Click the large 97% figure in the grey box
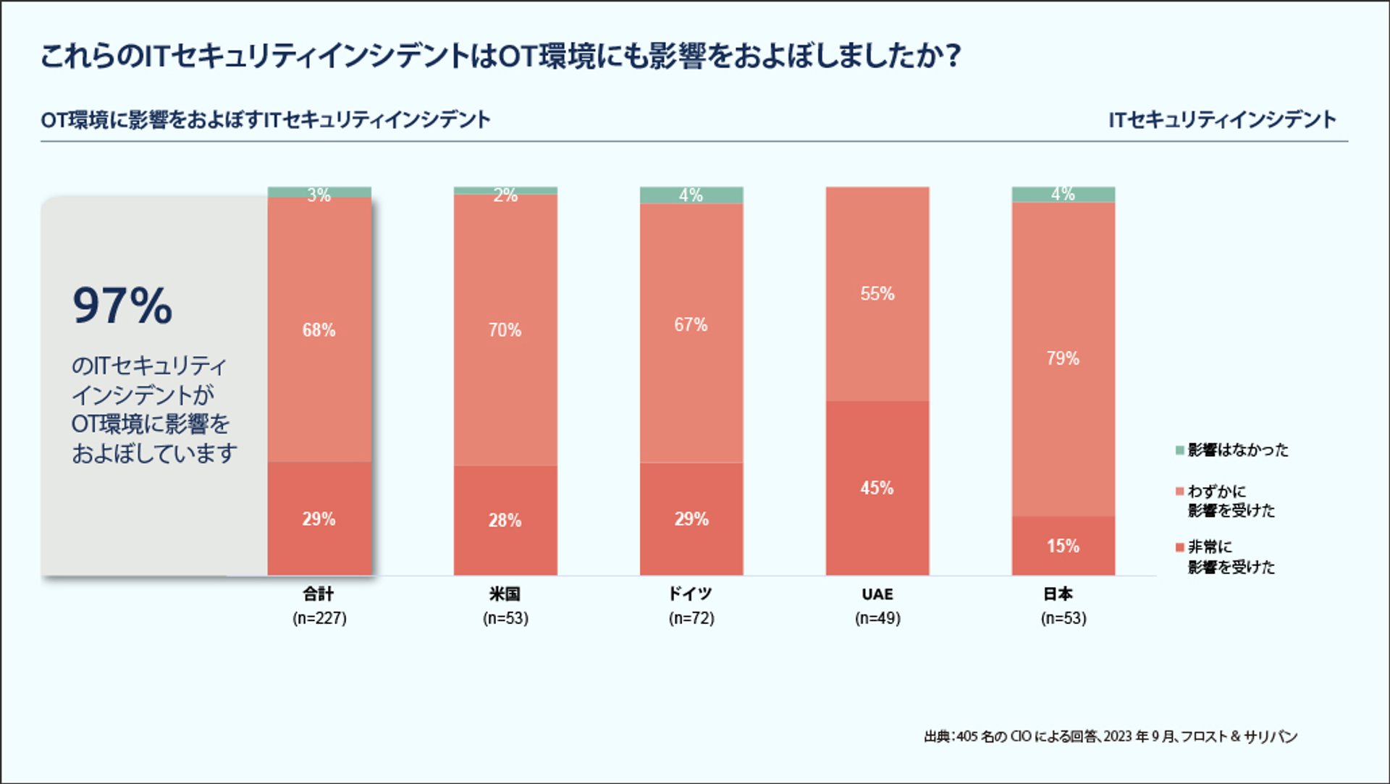122,305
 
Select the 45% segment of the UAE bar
877,489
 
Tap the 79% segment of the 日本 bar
1063,358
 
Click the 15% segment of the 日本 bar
1063,546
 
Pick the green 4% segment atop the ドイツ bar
691,195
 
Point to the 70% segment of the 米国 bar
505,330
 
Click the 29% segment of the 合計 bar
319,519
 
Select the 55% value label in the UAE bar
877,294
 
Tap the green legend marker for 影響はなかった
1179,450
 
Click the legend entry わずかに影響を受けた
1231,501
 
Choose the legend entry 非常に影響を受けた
1231,557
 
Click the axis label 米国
505,594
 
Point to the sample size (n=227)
319,618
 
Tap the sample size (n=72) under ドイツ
691,618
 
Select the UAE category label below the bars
877,594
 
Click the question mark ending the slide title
953,56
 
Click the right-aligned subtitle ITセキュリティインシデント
1222,119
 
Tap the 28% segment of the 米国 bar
505,520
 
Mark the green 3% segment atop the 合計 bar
319,193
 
